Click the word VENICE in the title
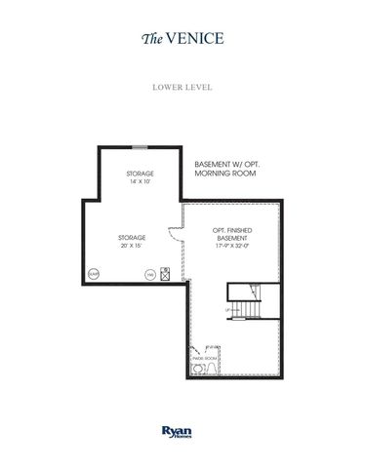(x=197, y=39)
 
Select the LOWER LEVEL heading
(x=182, y=86)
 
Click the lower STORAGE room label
(x=132, y=237)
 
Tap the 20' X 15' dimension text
(x=132, y=246)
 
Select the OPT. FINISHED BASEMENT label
(x=232, y=235)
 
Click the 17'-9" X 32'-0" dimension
(x=232, y=247)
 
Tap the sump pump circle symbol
(x=94, y=275)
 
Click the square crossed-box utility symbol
(x=165, y=275)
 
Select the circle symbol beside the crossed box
(x=149, y=276)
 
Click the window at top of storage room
(x=142, y=147)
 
